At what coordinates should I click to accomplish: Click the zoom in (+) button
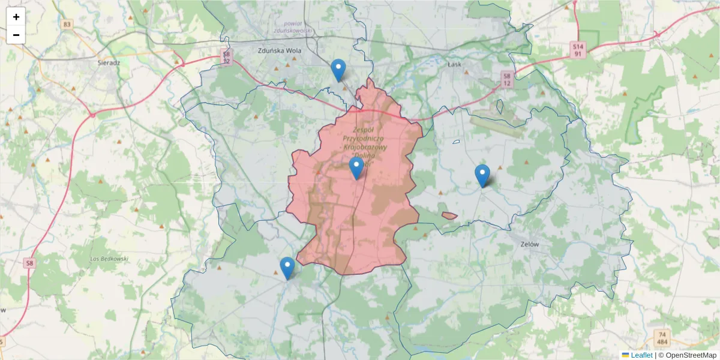pyautogui.click(x=16, y=17)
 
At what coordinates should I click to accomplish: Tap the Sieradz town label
pyautogui.click(x=109, y=62)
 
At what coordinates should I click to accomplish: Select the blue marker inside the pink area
pyautogui.click(x=356, y=169)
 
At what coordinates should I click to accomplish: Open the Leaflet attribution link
pyautogui.click(x=641, y=355)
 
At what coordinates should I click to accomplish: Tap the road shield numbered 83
pyautogui.click(x=67, y=25)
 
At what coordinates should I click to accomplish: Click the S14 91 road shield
pyautogui.click(x=578, y=49)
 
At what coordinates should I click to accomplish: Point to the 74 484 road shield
pyautogui.click(x=662, y=338)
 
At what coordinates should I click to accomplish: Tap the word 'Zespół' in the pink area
pyautogui.click(x=364, y=130)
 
